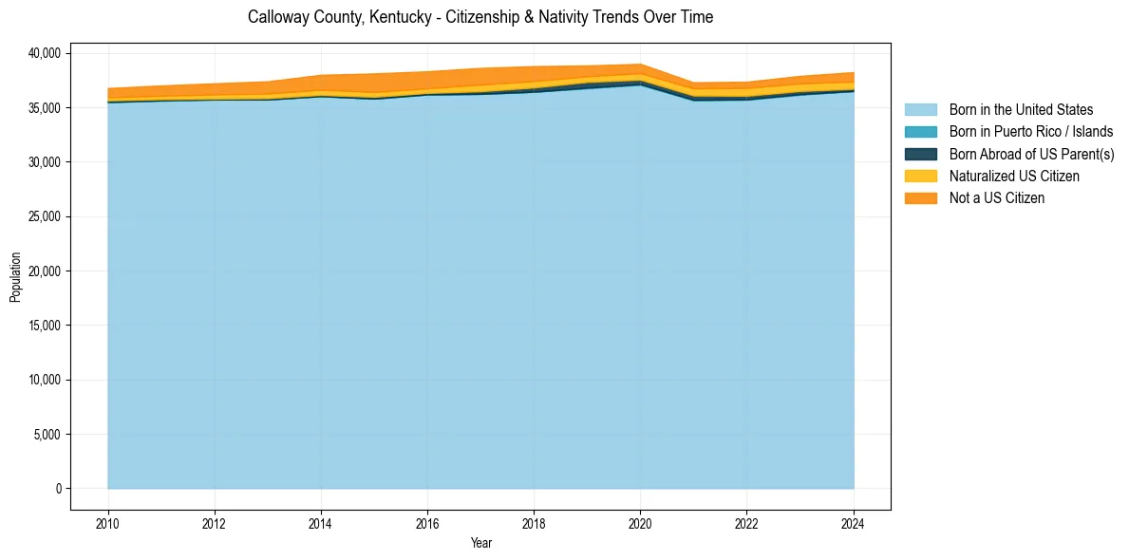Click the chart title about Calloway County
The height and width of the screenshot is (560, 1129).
point(480,17)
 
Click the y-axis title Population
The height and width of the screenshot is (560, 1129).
point(15,277)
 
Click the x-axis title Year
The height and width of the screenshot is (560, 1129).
point(480,543)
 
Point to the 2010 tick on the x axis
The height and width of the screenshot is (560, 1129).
point(108,523)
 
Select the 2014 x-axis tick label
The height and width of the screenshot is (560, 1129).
point(321,523)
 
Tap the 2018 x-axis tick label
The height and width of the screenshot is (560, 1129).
point(534,523)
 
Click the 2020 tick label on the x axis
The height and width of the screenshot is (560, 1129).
point(640,523)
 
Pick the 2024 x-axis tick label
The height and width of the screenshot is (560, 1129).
point(853,523)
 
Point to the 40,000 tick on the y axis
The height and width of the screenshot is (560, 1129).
point(45,53)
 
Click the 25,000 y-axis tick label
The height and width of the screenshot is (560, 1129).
point(45,216)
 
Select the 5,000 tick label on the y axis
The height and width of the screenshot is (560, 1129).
point(47,435)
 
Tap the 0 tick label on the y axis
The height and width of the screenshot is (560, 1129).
point(58,489)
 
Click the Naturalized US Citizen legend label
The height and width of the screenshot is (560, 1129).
point(1014,176)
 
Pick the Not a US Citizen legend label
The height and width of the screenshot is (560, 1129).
point(996,197)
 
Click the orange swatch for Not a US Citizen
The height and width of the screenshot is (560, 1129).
point(920,197)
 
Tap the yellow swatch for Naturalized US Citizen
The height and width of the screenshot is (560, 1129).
point(920,176)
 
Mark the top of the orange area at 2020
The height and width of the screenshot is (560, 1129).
point(640,65)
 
